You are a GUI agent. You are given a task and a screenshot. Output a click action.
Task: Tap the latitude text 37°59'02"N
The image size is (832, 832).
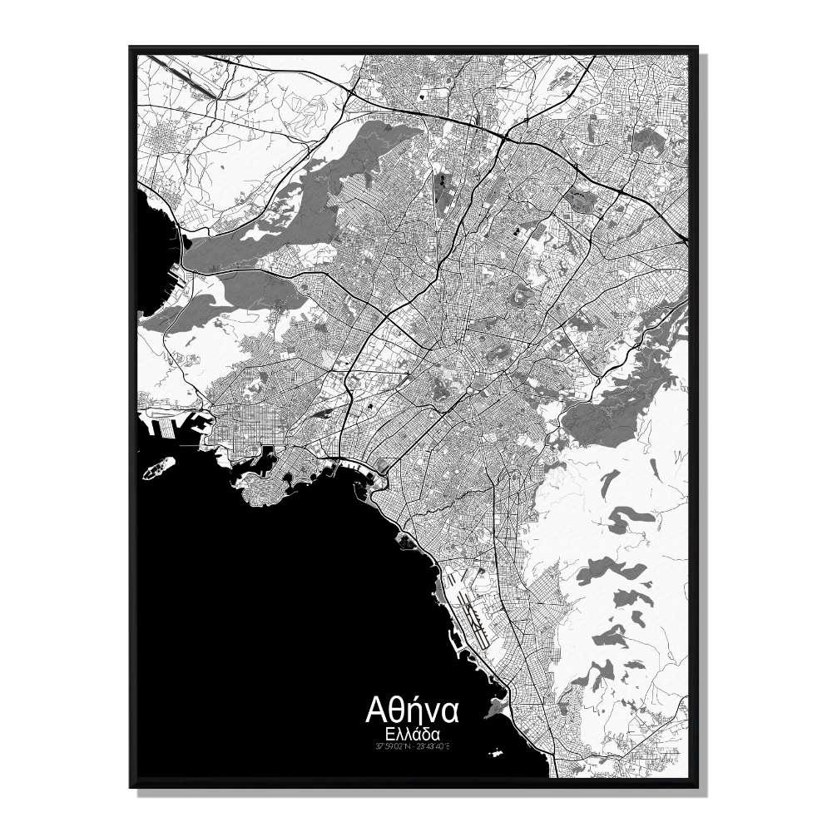pos(392,746)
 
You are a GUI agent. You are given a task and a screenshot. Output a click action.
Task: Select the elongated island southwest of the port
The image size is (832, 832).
pos(158,468)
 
